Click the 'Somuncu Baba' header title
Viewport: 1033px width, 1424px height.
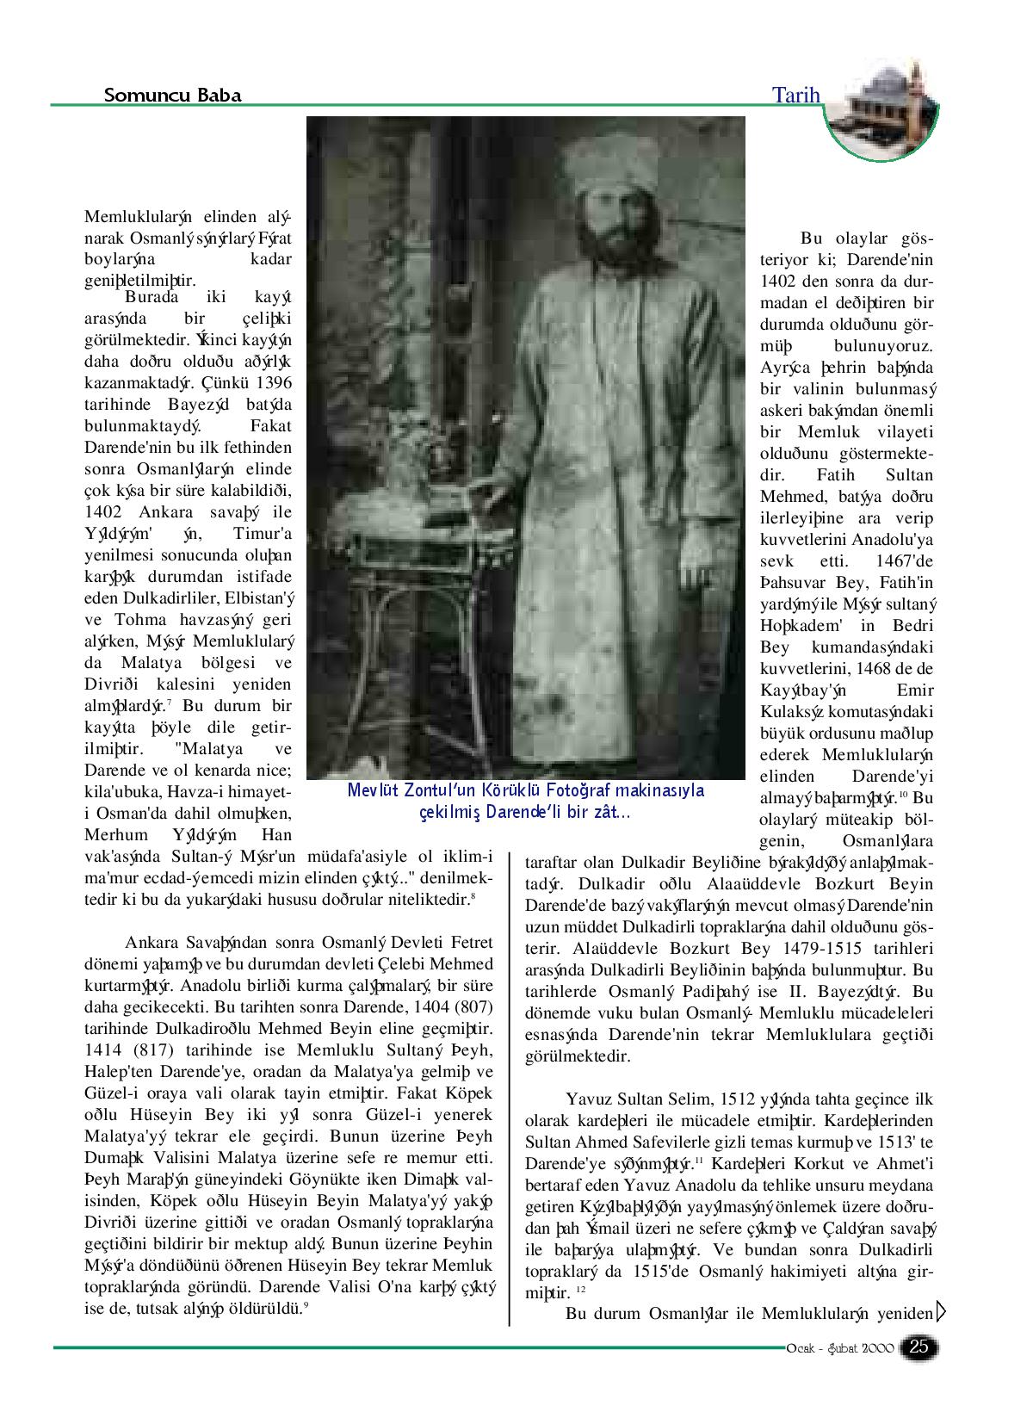coord(172,95)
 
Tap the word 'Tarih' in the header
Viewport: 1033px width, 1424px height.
coord(797,95)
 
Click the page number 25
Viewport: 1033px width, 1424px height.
coord(919,1347)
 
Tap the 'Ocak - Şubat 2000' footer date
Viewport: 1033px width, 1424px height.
coord(839,1348)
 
